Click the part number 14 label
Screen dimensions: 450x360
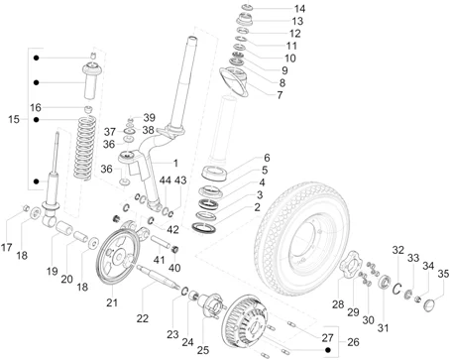tap(299, 8)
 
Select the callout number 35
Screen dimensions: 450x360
tap(443, 274)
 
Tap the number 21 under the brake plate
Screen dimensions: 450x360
tap(112, 302)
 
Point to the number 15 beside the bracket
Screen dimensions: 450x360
tap(14, 119)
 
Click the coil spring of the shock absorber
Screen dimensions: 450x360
tap(84, 148)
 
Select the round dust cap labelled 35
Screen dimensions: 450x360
tap(430, 304)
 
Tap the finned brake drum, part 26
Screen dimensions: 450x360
tap(244, 321)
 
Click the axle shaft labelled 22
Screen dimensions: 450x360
tap(158, 277)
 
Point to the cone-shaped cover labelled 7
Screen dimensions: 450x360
tap(236, 81)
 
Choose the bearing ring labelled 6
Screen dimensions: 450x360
tap(214, 173)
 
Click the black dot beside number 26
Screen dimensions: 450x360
tap(328, 350)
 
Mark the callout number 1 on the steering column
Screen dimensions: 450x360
tap(175, 163)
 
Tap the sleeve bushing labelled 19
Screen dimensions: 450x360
tap(63, 228)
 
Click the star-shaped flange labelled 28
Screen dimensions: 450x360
tap(350, 265)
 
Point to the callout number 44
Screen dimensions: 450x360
tap(166, 180)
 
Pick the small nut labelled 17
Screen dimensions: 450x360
tap(25, 208)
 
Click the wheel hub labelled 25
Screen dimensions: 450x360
tap(212, 305)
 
